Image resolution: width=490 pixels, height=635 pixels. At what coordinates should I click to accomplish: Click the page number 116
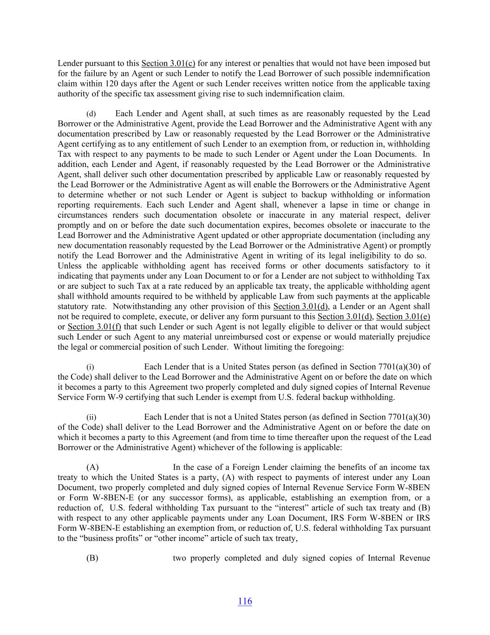245,601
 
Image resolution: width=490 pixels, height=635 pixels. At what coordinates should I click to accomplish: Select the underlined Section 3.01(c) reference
168,63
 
